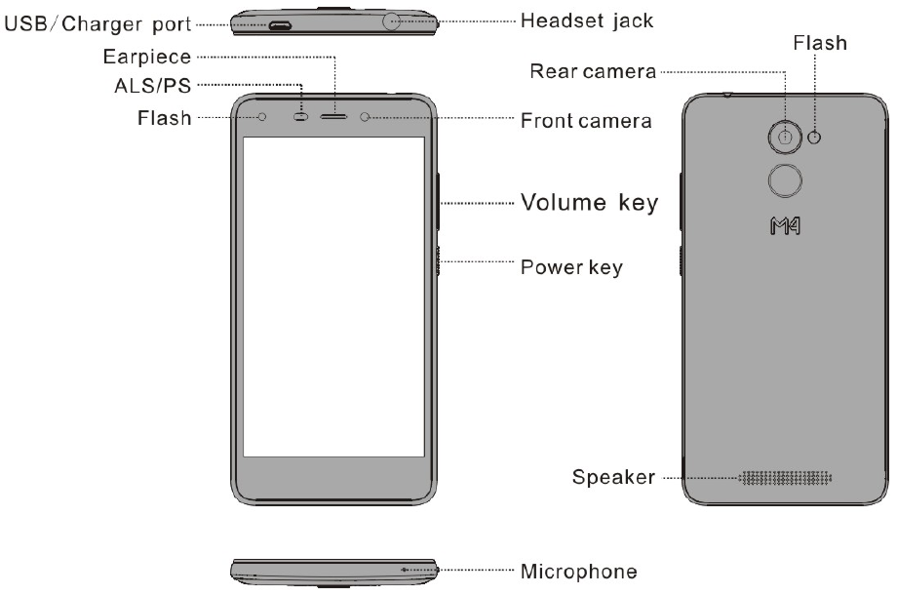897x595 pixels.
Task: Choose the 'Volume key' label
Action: click(x=589, y=204)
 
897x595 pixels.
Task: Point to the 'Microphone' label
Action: click(x=579, y=570)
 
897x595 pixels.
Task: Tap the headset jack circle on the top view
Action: click(x=394, y=20)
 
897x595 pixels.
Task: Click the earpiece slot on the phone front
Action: click(x=334, y=117)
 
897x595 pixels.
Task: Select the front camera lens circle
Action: click(x=366, y=117)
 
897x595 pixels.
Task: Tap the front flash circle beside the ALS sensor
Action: click(x=263, y=117)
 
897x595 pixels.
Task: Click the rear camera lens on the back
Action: click(x=785, y=137)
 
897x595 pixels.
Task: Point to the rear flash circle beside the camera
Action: click(x=815, y=137)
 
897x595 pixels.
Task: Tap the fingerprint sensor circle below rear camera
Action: click(x=785, y=180)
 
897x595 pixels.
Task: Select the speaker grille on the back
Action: click(x=787, y=479)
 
